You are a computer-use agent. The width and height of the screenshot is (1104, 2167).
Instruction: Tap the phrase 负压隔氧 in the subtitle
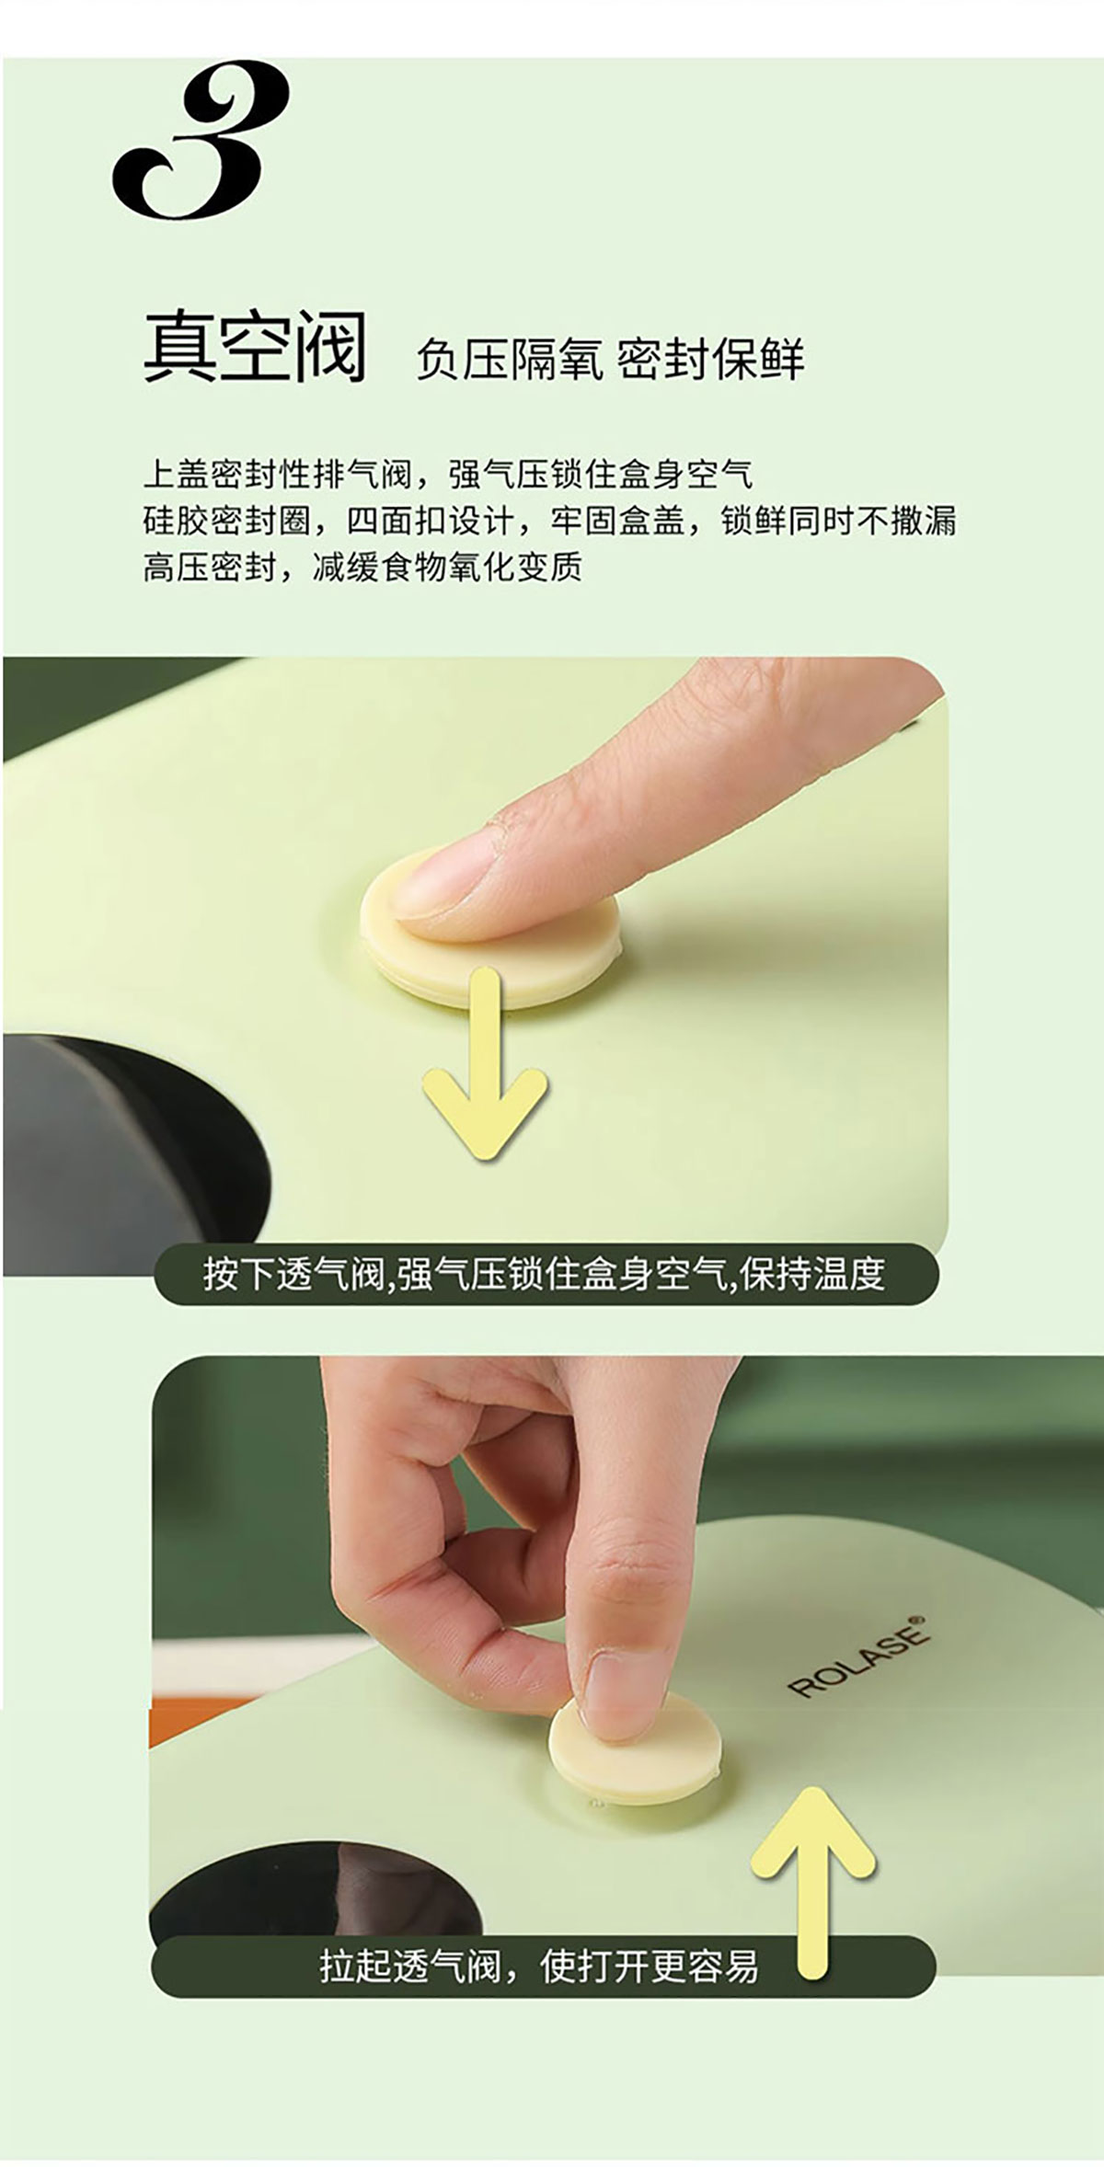(x=509, y=359)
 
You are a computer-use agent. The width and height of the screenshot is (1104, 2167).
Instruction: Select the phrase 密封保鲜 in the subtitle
(x=710, y=359)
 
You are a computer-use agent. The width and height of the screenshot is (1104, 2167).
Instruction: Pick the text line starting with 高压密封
(x=362, y=567)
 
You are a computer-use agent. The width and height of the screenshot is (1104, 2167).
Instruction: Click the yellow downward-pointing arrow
(x=486, y=1063)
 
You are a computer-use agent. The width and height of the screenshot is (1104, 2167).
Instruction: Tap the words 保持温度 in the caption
(x=812, y=1275)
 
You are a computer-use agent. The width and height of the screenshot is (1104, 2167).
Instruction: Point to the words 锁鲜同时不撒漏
(x=838, y=521)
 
